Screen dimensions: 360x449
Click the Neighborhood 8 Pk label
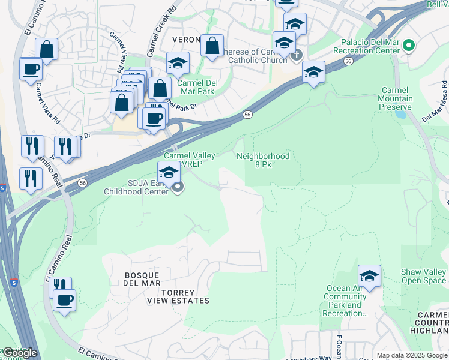click(x=263, y=160)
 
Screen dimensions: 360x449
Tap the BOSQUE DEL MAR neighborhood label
click(x=142, y=279)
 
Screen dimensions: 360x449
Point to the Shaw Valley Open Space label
click(x=424, y=276)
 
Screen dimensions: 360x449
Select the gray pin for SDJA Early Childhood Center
click(x=178, y=188)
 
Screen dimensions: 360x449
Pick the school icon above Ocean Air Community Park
click(x=370, y=276)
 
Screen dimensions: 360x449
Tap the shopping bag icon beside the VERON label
click(x=212, y=45)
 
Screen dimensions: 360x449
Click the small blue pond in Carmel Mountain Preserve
click(x=400, y=113)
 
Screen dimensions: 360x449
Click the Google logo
click(x=20, y=353)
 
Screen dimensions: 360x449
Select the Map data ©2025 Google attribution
click(x=411, y=355)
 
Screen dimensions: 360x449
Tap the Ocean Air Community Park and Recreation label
click(x=346, y=301)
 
